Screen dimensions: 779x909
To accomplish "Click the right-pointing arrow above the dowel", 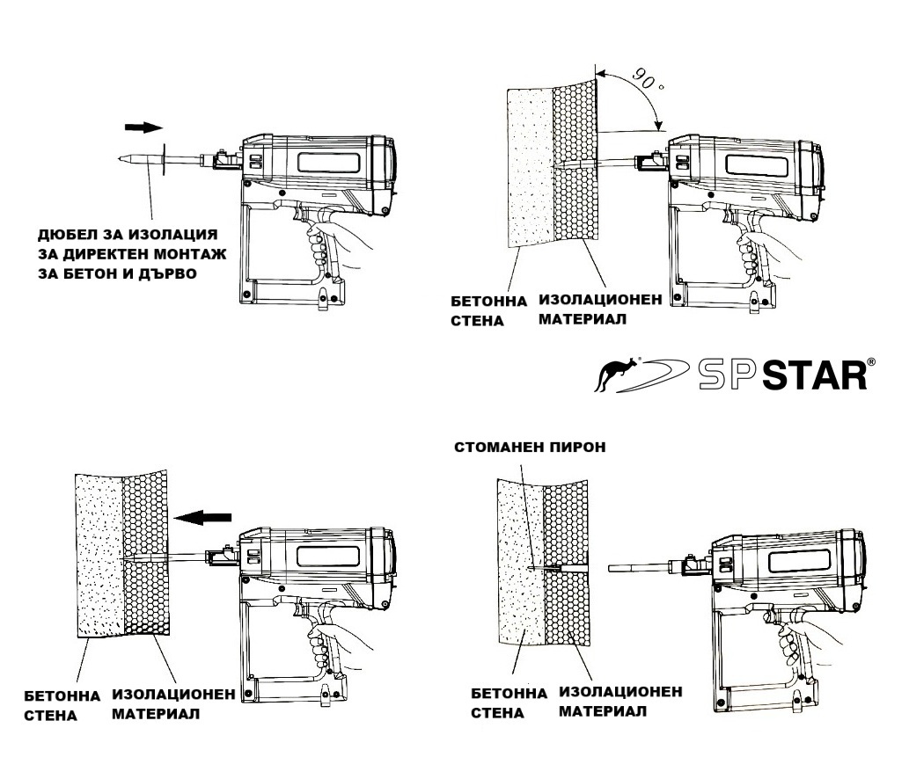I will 144,127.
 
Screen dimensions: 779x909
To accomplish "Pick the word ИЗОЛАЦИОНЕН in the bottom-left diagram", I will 172,695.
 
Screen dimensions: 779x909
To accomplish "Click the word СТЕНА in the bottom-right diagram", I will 497,713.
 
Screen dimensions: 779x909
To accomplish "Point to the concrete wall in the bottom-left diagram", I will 97,563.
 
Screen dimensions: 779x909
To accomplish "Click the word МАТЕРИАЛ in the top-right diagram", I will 582,319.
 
